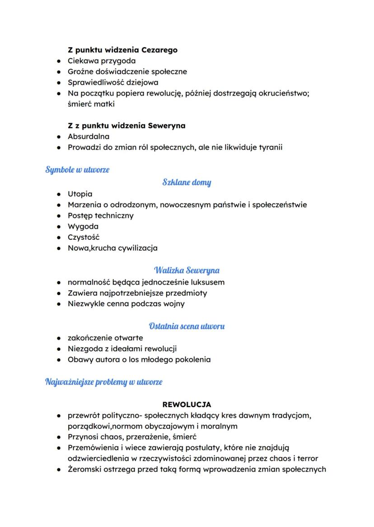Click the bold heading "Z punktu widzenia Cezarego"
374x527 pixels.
coord(122,50)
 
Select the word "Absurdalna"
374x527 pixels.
coord(89,136)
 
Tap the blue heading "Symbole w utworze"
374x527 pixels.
coord(77,170)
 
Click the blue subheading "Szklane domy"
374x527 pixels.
coord(187,183)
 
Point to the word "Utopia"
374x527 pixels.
coord(80,194)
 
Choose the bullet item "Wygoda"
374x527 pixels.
coord(83,226)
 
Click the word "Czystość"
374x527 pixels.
coord(84,237)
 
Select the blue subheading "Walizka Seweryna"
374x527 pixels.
coord(187,270)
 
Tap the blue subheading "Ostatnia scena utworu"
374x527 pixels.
coord(187,326)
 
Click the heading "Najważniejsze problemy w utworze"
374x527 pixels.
coord(104,382)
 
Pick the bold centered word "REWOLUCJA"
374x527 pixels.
coord(187,404)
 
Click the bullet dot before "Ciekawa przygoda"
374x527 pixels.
coord(59,61)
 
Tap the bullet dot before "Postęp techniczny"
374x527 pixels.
coord(59,215)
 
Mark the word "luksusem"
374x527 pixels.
coord(208,282)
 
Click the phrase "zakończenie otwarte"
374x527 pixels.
coord(105,338)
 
